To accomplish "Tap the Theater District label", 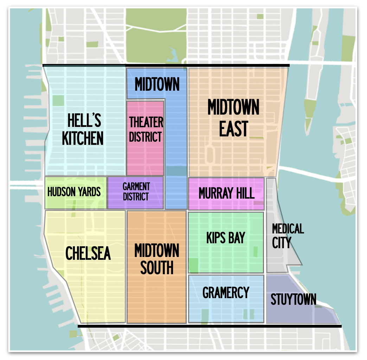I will coord(146,129).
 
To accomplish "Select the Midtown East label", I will coord(233,117).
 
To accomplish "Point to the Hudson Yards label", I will coord(74,192).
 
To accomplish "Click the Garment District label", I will coord(136,192).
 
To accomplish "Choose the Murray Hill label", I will coord(226,193).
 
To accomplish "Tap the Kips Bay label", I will coord(225,238).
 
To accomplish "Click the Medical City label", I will coord(287,236).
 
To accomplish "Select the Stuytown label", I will coord(293,299).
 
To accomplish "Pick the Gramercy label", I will coord(226,292).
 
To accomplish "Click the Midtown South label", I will coord(157,259).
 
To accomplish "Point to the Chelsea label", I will coord(88,253).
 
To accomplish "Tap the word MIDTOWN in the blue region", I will coord(157,84).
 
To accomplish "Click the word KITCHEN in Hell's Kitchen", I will coord(83,138).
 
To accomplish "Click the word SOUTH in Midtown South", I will coord(157,268).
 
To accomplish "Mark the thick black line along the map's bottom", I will coord(209,326).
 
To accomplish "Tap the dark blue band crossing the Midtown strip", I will coord(176,171).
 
